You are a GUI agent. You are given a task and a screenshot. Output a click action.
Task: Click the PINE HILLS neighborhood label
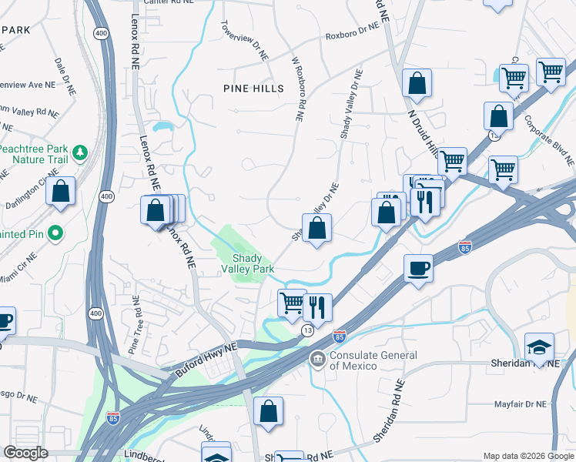(x=247, y=89)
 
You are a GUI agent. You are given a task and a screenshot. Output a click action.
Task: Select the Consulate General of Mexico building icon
(x=317, y=360)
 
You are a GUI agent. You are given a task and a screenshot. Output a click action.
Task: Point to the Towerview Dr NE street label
(x=243, y=40)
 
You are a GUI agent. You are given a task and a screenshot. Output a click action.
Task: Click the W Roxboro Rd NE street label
(x=299, y=89)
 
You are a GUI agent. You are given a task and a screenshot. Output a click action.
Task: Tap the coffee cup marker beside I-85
(x=418, y=268)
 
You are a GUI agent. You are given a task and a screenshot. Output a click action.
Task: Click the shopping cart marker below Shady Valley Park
(x=292, y=302)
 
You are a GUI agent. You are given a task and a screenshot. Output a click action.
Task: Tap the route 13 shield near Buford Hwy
(x=306, y=330)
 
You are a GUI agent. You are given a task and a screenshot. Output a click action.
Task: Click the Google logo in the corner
(x=25, y=453)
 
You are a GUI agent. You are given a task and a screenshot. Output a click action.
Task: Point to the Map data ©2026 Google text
(x=527, y=456)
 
